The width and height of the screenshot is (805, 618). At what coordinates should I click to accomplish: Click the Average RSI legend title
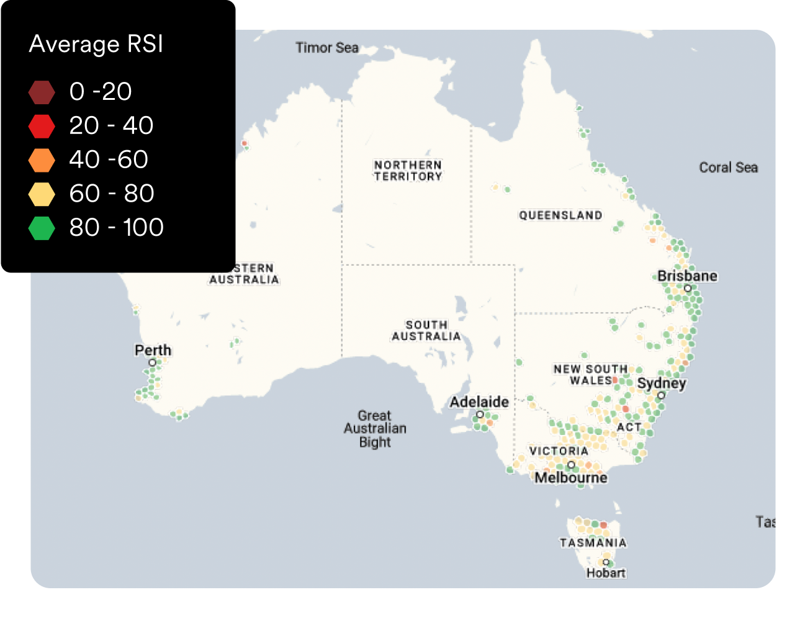tap(96, 45)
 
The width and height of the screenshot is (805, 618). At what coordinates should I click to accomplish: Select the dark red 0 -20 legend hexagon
tap(42, 92)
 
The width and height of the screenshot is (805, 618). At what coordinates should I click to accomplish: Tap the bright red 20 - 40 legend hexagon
tap(42, 126)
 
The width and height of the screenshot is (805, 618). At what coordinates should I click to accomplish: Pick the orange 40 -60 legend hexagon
tap(42, 160)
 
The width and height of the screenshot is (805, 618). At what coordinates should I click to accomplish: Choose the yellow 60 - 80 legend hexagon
tap(42, 194)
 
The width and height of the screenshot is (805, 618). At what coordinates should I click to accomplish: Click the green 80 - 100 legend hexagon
tap(42, 228)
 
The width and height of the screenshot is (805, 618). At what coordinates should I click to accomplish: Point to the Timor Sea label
tap(326, 48)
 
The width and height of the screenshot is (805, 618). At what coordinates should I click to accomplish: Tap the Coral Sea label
tap(728, 168)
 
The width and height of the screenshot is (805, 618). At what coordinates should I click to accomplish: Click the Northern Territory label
tap(408, 171)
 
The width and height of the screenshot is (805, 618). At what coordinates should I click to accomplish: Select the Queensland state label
tap(560, 215)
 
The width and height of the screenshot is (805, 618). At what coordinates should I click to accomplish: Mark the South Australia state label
tap(426, 331)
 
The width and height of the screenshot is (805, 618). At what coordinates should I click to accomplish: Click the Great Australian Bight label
tap(375, 429)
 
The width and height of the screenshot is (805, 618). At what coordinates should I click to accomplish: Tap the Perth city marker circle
tap(152, 362)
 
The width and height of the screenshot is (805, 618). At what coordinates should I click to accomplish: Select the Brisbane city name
tap(687, 276)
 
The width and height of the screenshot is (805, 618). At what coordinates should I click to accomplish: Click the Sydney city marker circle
tap(661, 395)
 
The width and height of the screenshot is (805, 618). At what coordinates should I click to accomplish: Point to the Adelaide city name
tap(479, 402)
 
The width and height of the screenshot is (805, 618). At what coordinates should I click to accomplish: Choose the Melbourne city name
tap(571, 478)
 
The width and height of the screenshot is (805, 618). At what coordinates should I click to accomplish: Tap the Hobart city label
tap(606, 573)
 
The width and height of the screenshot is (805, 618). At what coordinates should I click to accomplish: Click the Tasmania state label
tap(593, 543)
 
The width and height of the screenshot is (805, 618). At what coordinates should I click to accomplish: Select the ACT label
tap(629, 428)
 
